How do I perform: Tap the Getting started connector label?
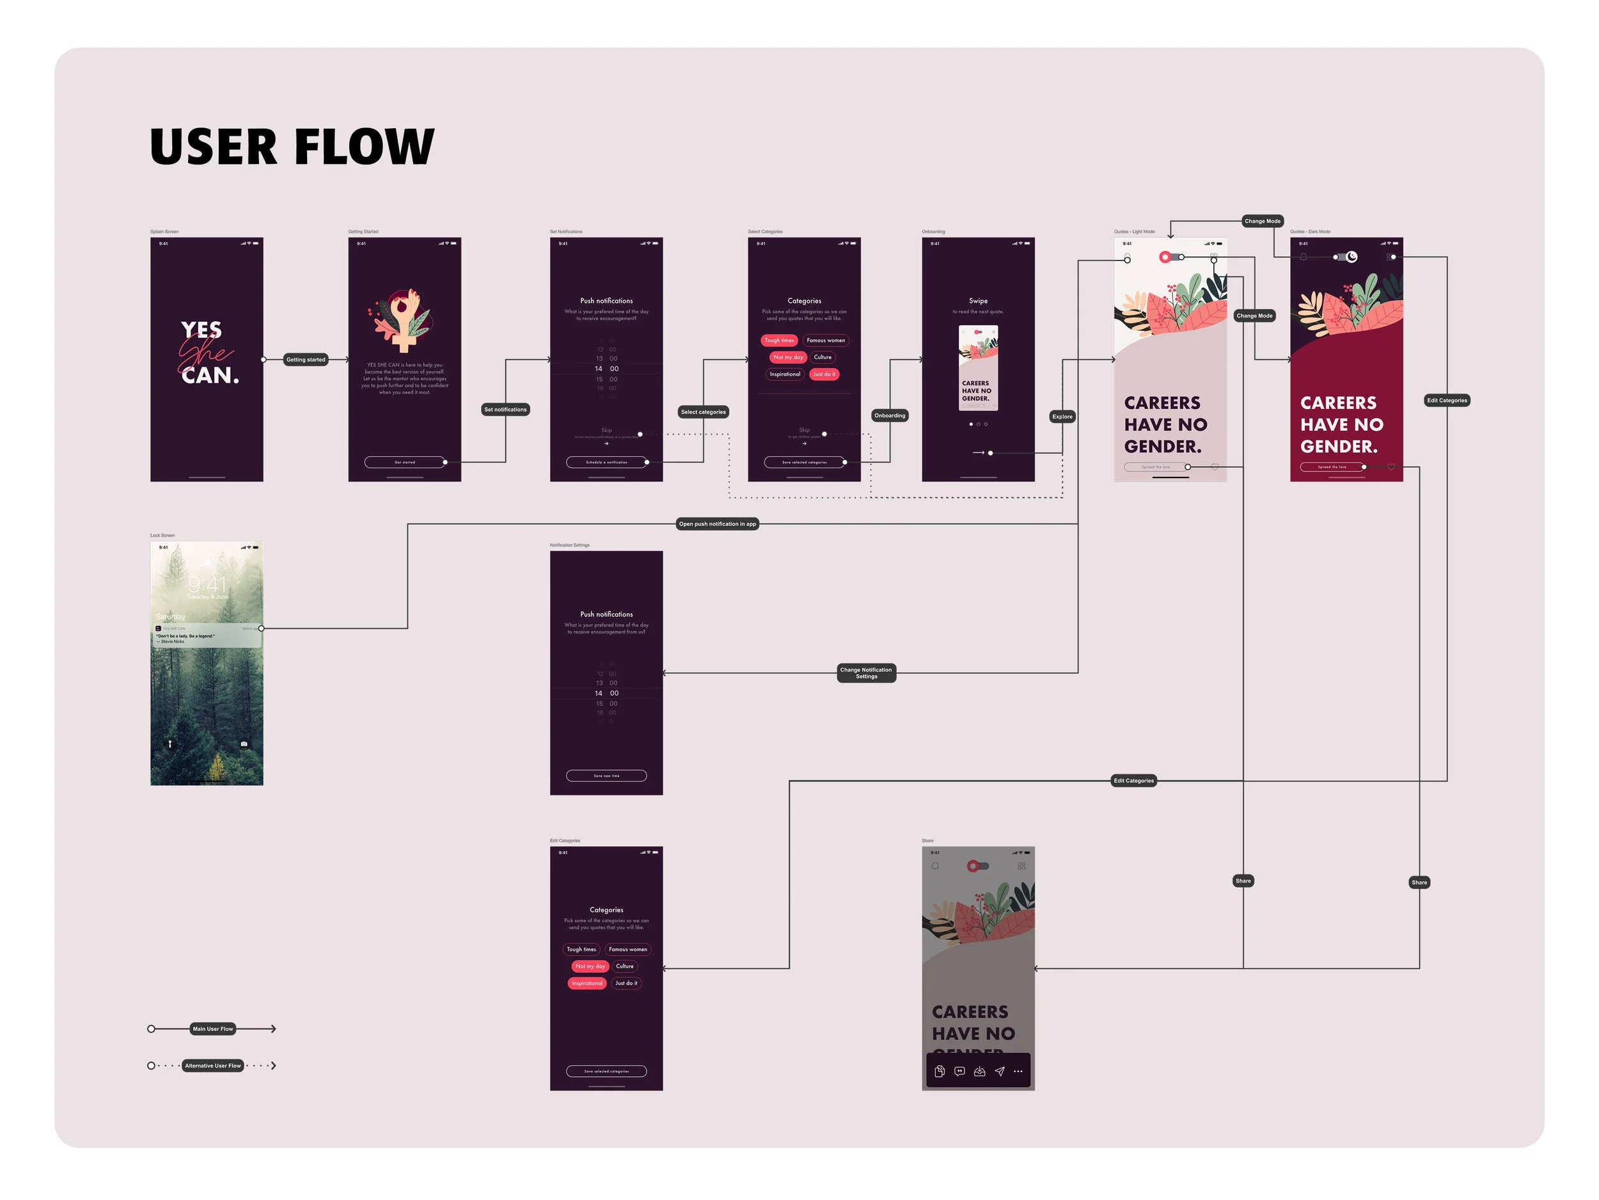click(x=305, y=360)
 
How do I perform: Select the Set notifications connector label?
click(x=505, y=410)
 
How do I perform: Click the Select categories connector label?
click(x=703, y=412)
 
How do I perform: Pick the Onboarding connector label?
click(x=889, y=415)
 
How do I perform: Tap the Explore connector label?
click(x=1062, y=417)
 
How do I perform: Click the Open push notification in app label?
click(x=717, y=524)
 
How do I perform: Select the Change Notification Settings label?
click(x=866, y=673)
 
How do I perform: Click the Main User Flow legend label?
click(x=212, y=1028)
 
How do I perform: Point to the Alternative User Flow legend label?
click(x=212, y=1066)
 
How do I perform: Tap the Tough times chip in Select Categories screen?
click(x=779, y=340)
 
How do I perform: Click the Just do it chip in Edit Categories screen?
click(x=626, y=983)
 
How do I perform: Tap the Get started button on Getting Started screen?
click(x=405, y=462)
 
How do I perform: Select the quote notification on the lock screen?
click(x=207, y=635)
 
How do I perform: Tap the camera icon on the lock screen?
click(x=244, y=744)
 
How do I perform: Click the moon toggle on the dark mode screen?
click(x=1351, y=257)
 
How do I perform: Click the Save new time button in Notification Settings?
click(x=606, y=776)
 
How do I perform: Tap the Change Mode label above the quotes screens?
click(x=1262, y=221)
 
